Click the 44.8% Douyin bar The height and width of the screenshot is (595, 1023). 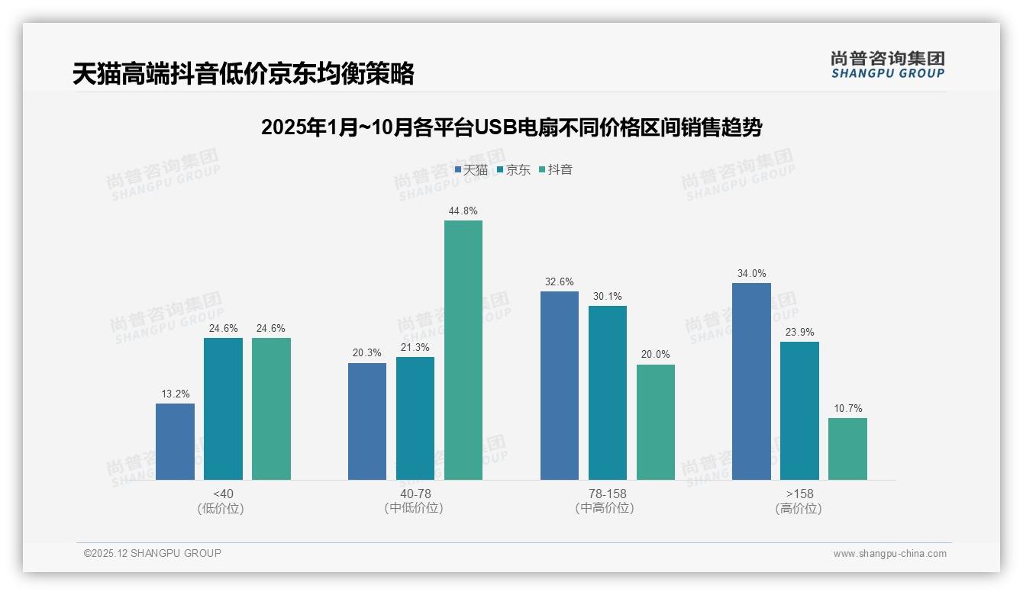463,350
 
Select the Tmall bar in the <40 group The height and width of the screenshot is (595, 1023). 175,442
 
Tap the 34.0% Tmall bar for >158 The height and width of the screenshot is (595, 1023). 751,381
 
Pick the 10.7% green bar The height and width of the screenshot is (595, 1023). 847,449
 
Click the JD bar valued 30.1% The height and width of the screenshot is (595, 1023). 608,393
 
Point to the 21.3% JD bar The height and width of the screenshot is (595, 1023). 415,418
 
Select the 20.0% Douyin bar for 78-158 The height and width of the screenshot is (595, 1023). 656,422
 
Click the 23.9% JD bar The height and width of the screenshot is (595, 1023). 799,410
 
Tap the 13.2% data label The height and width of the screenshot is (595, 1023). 175,394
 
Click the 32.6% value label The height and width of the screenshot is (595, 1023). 560,282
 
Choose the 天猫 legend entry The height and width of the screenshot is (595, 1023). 471,169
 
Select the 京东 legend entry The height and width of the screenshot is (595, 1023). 513,169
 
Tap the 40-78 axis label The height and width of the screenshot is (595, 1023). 415,494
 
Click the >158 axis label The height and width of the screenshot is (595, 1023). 799,494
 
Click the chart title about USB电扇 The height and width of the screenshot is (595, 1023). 511,127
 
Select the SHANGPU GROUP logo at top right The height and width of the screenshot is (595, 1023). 887,65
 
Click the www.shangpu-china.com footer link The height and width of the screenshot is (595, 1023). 889,554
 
